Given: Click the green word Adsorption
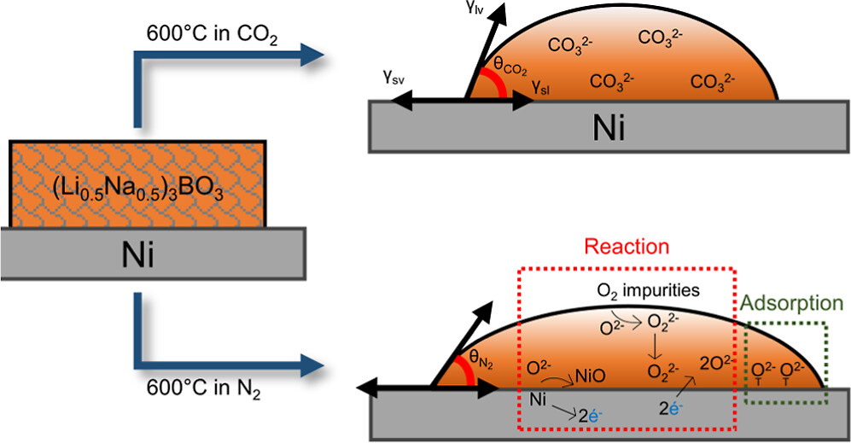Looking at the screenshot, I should [x=791, y=303].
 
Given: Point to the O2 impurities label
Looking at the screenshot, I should [x=648, y=292].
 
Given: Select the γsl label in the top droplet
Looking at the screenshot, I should [x=539, y=86].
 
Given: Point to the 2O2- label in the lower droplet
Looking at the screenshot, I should [x=715, y=363].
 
